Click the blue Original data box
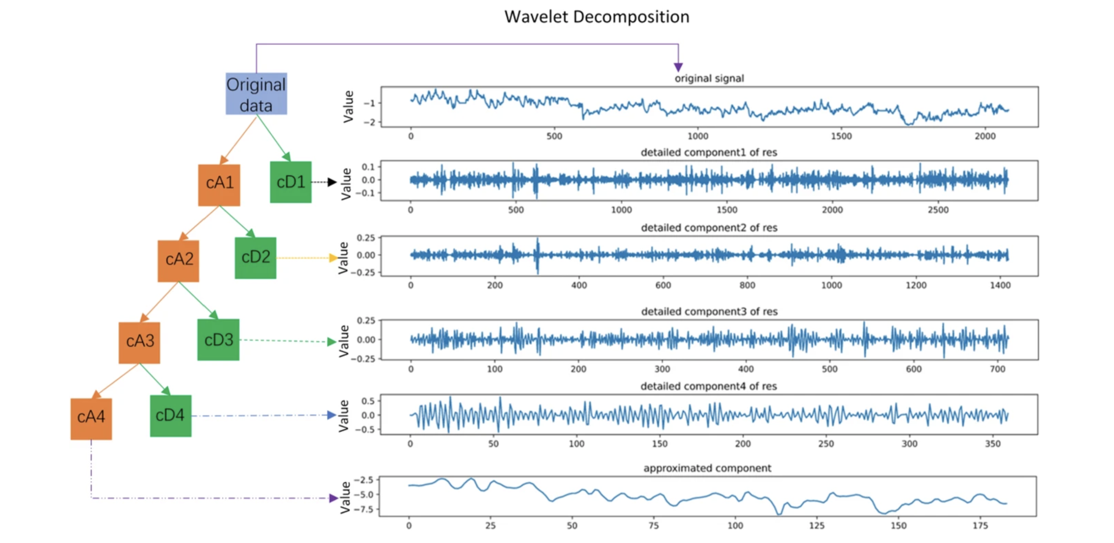click(x=256, y=94)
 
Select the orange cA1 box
click(x=219, y=185)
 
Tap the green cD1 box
click(x=291, y=182)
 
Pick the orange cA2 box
click(x=178, y=261)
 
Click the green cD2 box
click(x=256, y=258)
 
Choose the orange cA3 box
click(x=139, y=342)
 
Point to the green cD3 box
click(x=218, y=340)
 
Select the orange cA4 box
click(x=91, y=419)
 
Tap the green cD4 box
click(x=170, y=416)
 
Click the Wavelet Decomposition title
click(x=596, y=17)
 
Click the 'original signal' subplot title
click(x=709, y=78)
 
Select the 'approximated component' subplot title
click(x=707, y=468)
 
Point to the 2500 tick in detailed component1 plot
click(x=938, y=210)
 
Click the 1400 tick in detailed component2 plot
click(x=1000, y=285)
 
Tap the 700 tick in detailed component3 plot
click(x=997, y=369)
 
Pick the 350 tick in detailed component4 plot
click(x=992, y=443)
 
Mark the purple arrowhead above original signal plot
click(x=678, y=67)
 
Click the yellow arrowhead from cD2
click(x=333, y=258)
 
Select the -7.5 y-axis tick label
click(x=363, y=509)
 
